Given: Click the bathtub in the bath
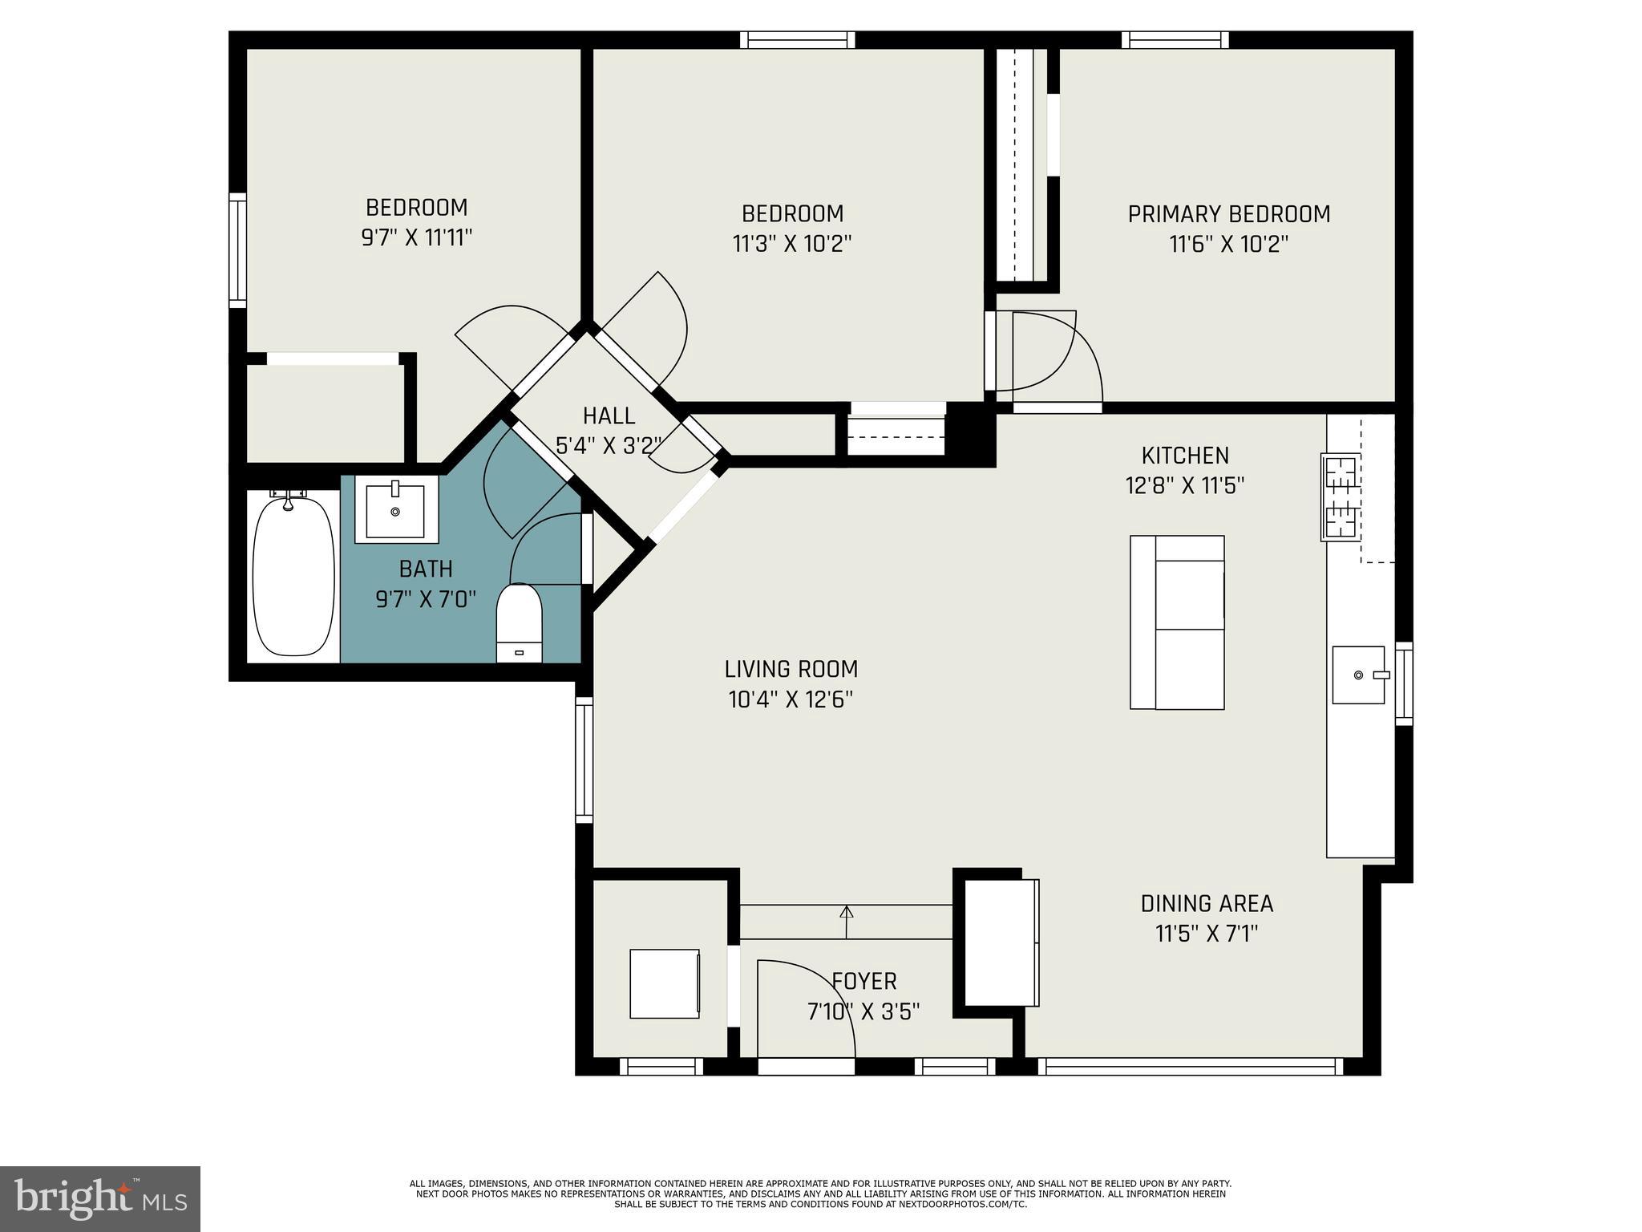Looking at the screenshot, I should coord(293,576).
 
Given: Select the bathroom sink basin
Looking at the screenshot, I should coord(395,510).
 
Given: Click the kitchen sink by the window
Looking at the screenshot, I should coord(1358,675).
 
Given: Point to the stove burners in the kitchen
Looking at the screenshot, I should coord(1341,497).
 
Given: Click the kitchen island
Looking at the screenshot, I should coord(1177,622).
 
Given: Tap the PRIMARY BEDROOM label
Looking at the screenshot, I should coord(1228,214).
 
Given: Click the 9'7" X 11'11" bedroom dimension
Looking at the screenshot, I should coord(416,238).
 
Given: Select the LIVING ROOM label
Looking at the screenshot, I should coord(791,669).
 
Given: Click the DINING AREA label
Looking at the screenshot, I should coord(1207,904).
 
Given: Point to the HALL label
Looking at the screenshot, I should coord(609,415).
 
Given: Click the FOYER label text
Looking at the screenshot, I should coord(863,981).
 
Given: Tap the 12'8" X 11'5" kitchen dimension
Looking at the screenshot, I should coord(1184,486).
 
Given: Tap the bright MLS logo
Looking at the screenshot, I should coord(100,1199).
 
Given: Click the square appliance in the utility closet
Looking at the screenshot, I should coord(664,983).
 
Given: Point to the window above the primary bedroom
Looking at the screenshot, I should coord(1175,39).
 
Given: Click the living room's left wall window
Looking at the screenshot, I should coord(584,759).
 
